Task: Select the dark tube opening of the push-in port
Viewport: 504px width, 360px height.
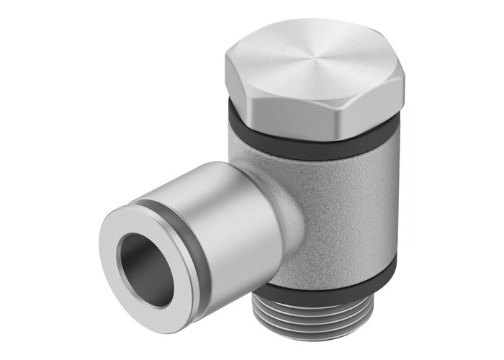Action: pyautogui.click(x=137, y=259)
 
